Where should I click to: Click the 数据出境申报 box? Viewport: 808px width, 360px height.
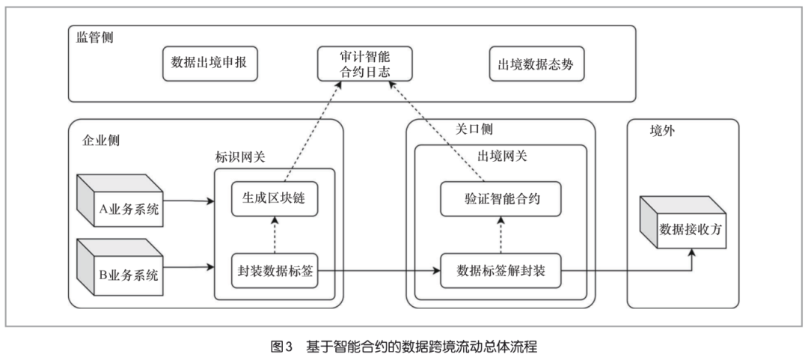[x=209, y=64]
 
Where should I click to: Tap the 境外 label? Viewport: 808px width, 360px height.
[x=661, y=131]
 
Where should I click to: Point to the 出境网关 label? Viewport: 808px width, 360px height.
[x=501, y=156]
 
